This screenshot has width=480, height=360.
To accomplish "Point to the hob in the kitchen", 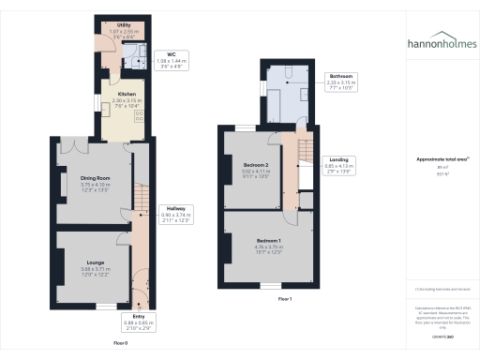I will pos(140,116).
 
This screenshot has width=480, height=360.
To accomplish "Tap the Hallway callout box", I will pos(175,215).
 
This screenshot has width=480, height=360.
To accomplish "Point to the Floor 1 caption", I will pos(285,298).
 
